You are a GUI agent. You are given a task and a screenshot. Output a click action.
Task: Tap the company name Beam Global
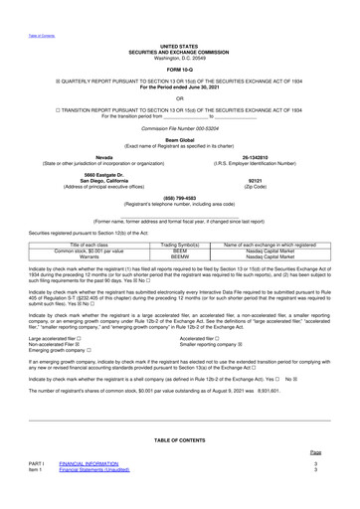click(179, 139)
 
